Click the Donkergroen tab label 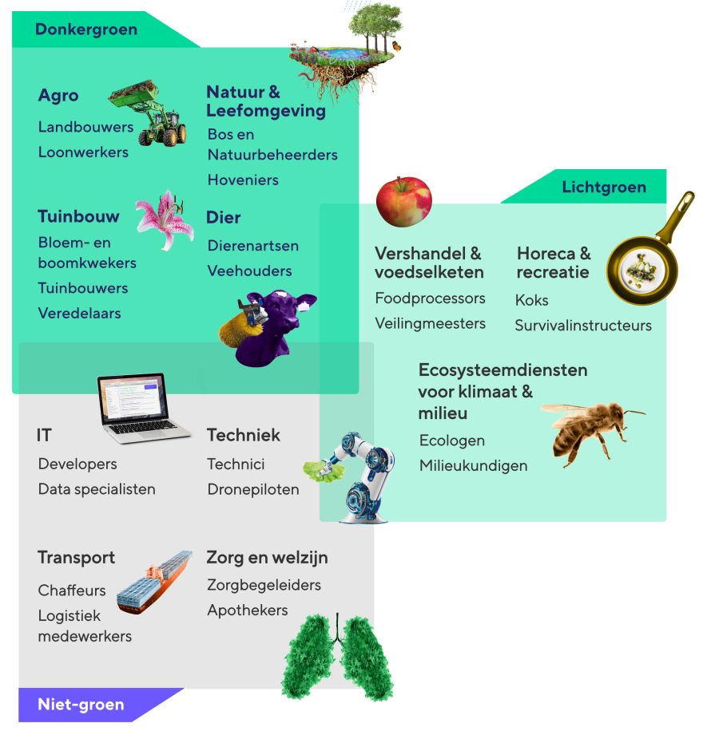click(86, 30)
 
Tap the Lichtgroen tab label click(604, 187)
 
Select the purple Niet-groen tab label click(81, 704)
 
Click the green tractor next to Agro click(149, 113)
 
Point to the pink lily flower click(165, 220)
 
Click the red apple click(404, 201)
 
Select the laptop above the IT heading click(140, 408)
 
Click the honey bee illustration click(590, 431)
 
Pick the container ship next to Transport click(154, 582)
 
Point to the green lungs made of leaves click(337, 658)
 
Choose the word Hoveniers click(243, 180)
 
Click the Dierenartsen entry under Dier click(253, 246)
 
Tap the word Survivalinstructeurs click(583, 326)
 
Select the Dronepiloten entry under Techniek click(253, 489)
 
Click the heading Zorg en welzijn click(268, 558)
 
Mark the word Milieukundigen click(474, 466)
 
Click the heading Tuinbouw click(78, 216)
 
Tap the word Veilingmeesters click(430, 323)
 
